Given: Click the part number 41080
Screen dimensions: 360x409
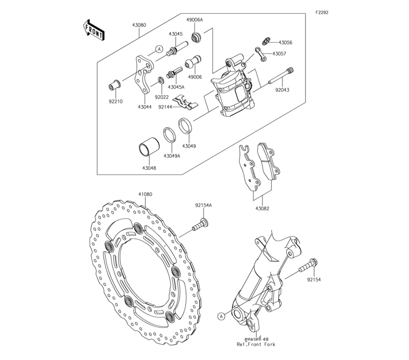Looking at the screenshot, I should pyautogui.click(x=145, y=194).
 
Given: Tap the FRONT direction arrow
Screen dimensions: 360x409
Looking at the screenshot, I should pyautogui.click(x=93, y=30).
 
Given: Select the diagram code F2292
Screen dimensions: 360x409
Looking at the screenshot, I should pyautogui.click(x=321, y=12).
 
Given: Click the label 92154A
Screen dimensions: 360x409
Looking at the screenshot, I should pyautogui.click(x=203, y=206).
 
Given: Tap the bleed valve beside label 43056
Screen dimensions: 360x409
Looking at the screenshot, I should pyautogui.click(x=265, y=41).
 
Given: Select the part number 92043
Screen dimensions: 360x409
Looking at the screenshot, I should pyautogui.click(x=282, y=90).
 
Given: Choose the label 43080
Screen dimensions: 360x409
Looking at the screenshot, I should pyautogui.click(x=139, y=25).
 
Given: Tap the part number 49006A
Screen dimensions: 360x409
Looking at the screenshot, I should pyautogui.click(x=195, y=20).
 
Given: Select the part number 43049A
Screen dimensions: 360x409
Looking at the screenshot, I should pyautogui.click(x=172, y=156).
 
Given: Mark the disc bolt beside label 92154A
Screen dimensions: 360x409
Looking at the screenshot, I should pyautogui.click(x=199, y=225).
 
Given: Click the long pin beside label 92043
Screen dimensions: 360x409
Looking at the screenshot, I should pyautogui.click(x=279, y=77).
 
